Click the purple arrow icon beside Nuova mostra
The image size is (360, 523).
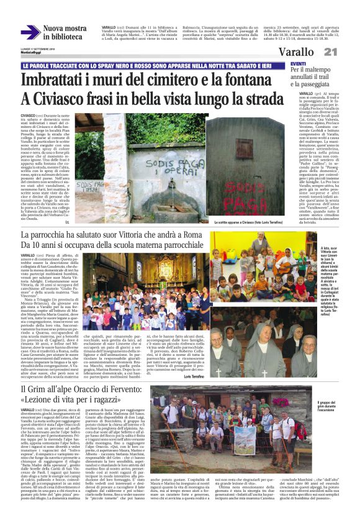30,32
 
